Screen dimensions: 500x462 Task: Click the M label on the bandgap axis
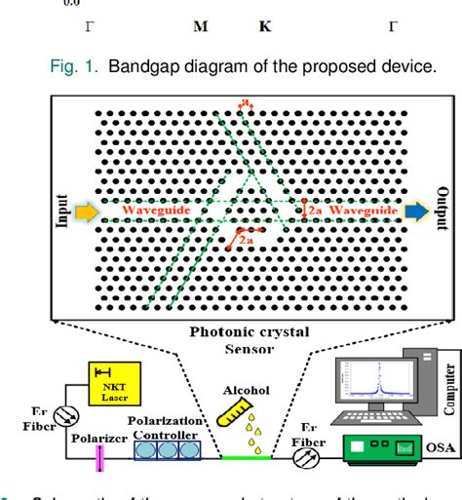[x=200, y=27]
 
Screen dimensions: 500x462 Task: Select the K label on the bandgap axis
[x=265, y=27]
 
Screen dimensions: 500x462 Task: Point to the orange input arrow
[x=86, y=209]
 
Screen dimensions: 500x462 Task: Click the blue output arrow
[x=415, y=209]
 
